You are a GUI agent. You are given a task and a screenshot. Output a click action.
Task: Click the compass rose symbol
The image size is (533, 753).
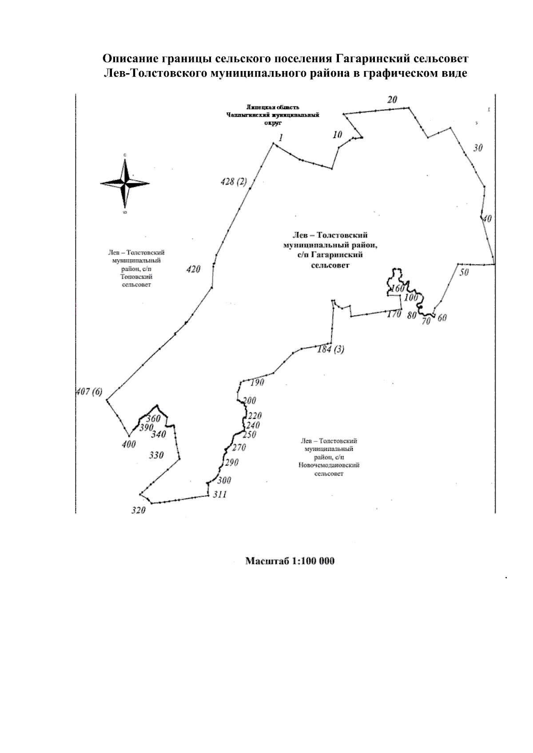point(125,183)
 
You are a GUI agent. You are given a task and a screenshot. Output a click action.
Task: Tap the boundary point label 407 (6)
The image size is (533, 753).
point(89,392)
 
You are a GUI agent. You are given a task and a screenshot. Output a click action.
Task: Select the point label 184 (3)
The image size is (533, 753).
point(330,349)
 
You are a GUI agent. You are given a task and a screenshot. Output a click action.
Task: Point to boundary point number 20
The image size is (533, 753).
point(392,100)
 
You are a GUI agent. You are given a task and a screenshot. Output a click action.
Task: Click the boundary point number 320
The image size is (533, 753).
point(139,510)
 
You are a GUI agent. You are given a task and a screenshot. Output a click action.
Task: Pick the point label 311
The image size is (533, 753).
point(219,494)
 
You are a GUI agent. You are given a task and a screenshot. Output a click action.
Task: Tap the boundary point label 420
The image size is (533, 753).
point(193,269)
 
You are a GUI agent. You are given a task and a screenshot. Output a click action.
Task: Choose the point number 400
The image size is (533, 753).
point(129,444)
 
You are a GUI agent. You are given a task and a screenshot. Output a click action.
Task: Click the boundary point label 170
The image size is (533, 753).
point(394,314)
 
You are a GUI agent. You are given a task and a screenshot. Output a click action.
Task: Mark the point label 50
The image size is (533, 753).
point(464,272)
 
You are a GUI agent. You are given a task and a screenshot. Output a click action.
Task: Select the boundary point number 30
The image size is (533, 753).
point(477,148)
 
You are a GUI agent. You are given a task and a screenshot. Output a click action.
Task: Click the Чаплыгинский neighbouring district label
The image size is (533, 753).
point(273,114)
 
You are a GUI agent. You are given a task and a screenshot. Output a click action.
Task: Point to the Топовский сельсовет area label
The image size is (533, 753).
point(136,268)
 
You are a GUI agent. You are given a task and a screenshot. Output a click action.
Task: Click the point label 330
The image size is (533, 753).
point(156,455)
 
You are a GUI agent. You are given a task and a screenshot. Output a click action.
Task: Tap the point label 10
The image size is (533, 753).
point(338,135)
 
